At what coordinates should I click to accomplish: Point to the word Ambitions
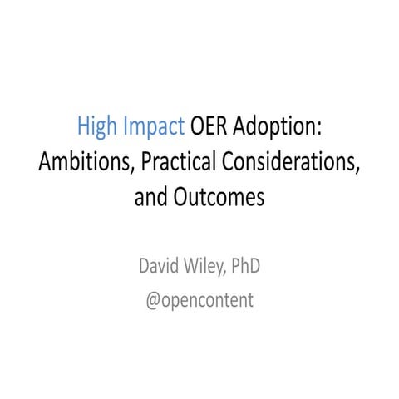(80, 163)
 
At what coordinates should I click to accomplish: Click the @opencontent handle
(199, 300)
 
